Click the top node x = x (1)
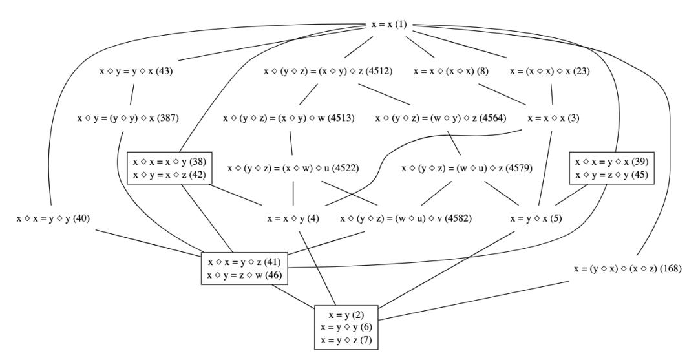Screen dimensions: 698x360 coord(389,25)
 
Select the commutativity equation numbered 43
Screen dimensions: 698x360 coord(136,71)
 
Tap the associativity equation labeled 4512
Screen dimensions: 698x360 coord(328,71)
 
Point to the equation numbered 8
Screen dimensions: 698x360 coord(451,71)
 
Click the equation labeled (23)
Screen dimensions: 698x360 coord(550,71)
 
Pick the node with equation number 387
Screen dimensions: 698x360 coord(128,118)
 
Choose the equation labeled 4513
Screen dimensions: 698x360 coord(289,118)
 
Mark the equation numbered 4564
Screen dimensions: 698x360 coord(441,118)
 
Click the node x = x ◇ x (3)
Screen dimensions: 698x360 coord(553,118)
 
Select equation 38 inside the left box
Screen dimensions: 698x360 coord(169,162)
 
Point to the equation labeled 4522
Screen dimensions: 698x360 coord(293,169)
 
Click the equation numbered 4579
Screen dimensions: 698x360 coord(467,169)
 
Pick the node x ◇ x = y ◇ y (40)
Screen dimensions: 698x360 coord(54,219)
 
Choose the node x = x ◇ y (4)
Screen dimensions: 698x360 coord(293,219)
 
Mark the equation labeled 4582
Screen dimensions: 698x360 coord(406,219)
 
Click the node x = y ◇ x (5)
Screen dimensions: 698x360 coord(536,219)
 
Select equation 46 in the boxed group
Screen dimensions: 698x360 coord(244,275)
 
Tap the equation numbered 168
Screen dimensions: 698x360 coord(628,269)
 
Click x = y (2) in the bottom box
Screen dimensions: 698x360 coord(346,315)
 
